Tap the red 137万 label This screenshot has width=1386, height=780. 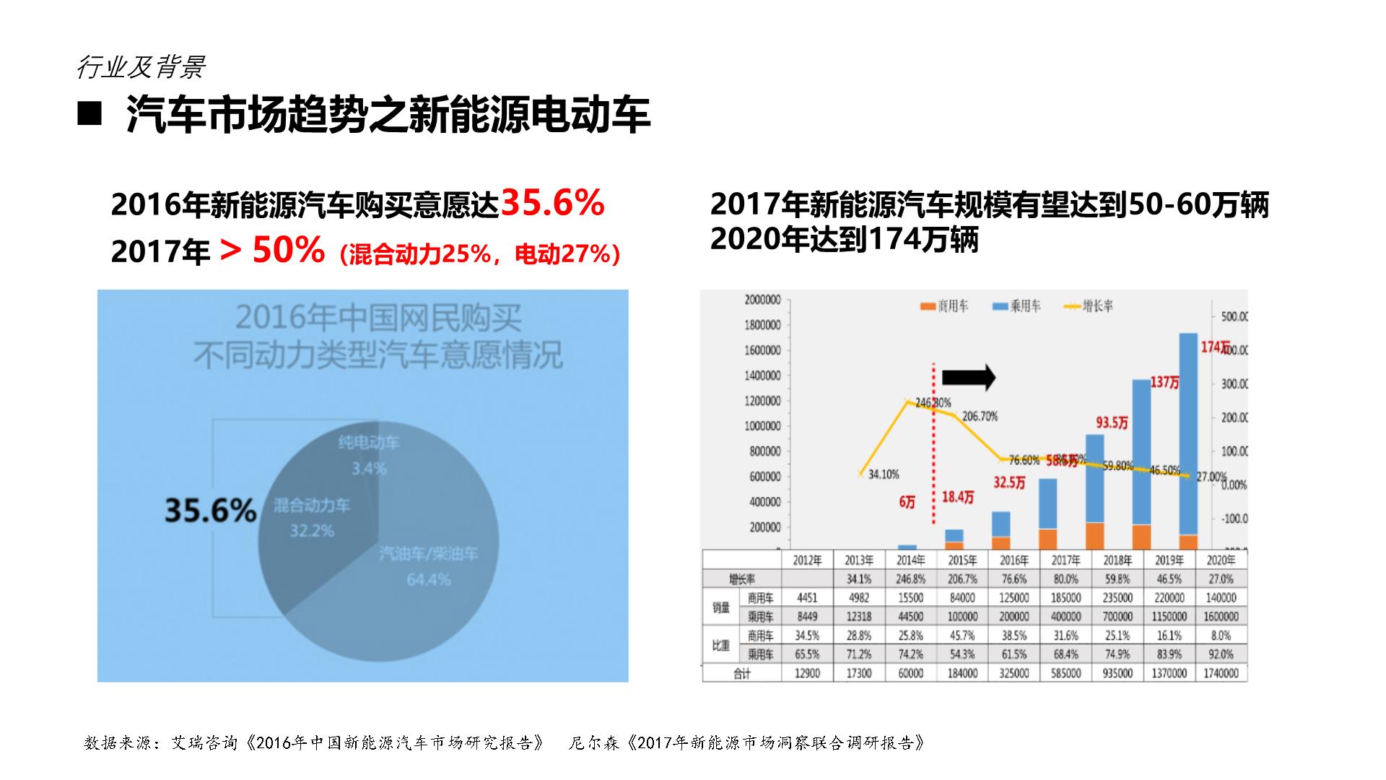pyautogui.click(x=1164, y=382)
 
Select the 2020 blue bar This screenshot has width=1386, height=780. pyautogui.click(x=1188, y=433)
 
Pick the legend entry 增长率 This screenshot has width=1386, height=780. pyautogui.click(x=1089, y=306)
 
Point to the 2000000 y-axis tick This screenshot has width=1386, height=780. pyautogui.click(x=762, y=300)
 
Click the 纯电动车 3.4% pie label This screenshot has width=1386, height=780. pyautogui.click(x=369, y=456)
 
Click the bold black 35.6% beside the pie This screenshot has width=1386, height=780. pyautogui.click(x=211, y=510)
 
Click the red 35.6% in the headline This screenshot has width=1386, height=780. pyautogui.click(x=552, y=203)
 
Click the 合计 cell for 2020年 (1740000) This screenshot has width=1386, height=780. pyautogui.click(x=1221, y=673)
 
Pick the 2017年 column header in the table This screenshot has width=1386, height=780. pyautogui.click(x=1066, y=560)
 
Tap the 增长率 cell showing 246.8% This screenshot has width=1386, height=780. pyautogui.click(x=910, y=578)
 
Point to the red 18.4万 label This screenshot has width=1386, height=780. pyautogui.click(x=958, y=498)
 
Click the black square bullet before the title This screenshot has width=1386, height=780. pyautogui.click(x=90, y=114)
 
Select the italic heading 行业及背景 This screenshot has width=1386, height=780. pyautogui.click(x=141, y=67)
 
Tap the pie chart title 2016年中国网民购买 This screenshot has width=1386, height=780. pyautogui.click(x=378, y=318)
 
